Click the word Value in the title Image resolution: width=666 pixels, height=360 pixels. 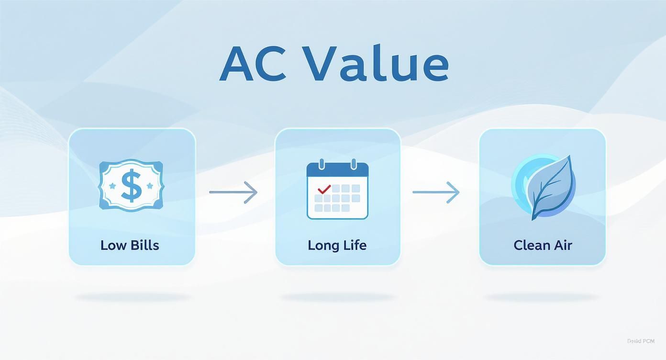tap(377, 64)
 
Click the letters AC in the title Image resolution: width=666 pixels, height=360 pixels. tap(253, 64)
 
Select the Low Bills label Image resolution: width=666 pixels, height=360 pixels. tap(130, 245)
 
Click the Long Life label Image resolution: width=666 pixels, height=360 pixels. tap(337, 245)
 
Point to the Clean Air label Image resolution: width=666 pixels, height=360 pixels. tap(543, 245)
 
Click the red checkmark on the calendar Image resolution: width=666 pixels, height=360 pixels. tap(324, 190)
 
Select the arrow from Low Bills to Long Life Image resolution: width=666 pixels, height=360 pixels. tap(233, 192)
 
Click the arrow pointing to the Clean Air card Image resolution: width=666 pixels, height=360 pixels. tap(436, 192)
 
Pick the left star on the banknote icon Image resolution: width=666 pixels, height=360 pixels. tap(113, 185)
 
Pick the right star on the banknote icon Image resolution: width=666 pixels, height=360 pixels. tap(150, 185)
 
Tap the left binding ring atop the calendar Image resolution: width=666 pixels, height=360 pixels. tap(322, 164)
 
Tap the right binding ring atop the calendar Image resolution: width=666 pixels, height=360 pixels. tap(354, 164)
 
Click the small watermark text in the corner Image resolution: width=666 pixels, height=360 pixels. tap(640, 341)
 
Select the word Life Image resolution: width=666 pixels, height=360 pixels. tap(355, 245)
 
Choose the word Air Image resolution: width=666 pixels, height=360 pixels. tap(563, 245)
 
